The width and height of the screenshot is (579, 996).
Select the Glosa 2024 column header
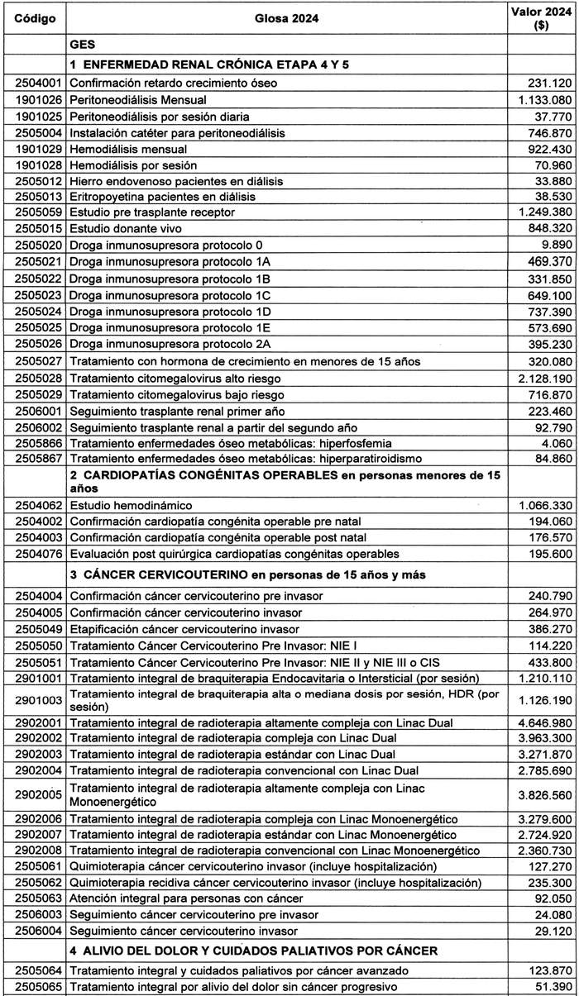coord(287,17)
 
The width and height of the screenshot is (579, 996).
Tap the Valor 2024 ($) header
coord(542,17)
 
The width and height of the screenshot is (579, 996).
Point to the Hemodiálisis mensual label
coord(128,150)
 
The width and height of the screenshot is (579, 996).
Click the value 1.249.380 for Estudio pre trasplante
coord(542,212)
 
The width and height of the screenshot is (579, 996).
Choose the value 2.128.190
coord(542,377)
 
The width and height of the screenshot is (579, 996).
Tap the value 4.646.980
coord(542,722)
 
